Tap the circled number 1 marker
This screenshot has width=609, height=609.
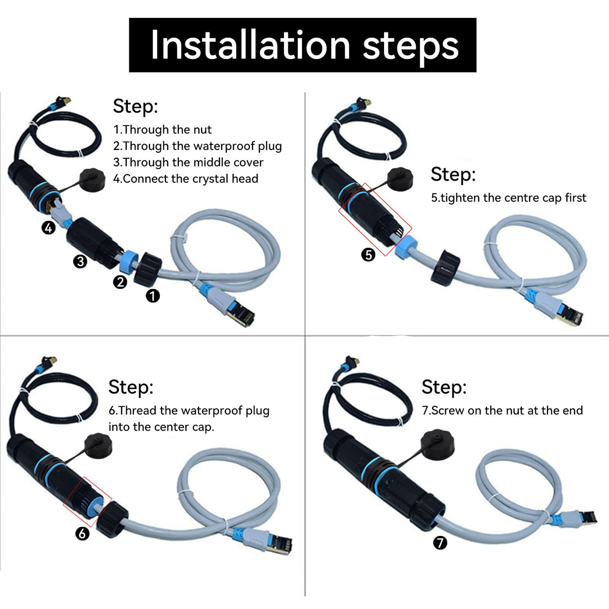click(x=153, y=296)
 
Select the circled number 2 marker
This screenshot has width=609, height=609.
click(x=120, y=282)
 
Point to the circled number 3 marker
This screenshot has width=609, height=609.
click(x=80, y=261)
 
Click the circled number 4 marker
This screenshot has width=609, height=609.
click(x=49, y=228)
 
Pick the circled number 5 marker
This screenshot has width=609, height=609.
click(x=368, y=255)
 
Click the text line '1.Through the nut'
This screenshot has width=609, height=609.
click(x=162, y=130)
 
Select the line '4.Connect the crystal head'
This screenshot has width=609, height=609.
click(x=186, y=179)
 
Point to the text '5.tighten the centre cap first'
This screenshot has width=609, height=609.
click(x=509, y=198)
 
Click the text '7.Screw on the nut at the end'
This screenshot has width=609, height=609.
click(x=502, y=411)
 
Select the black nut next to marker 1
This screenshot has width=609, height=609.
click(x=147, y=269)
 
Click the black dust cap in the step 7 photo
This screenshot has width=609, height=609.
click(x=438, y=444)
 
